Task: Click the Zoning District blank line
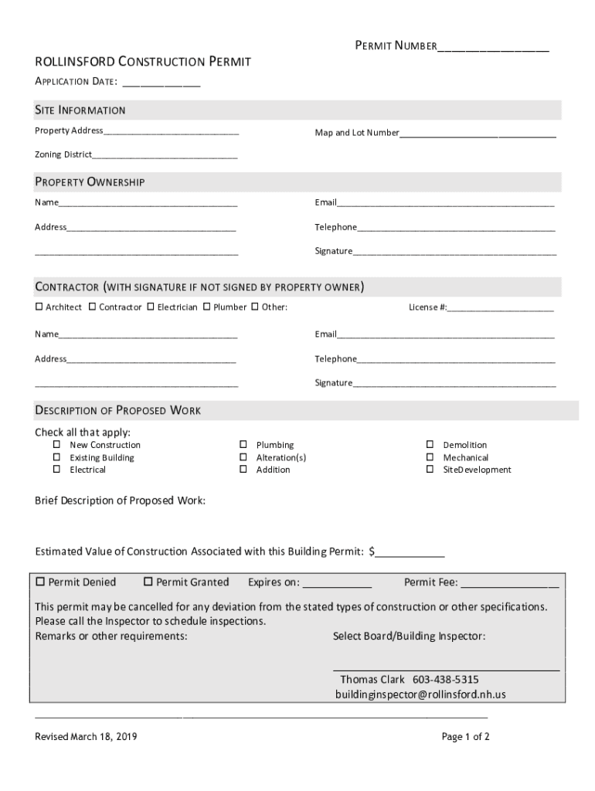(165, 155)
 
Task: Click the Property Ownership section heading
(90, 182)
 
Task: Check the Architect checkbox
(39, 307)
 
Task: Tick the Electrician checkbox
(150, 307)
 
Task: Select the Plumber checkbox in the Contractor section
(206, 307)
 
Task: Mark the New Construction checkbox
(56, 445)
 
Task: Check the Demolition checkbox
(430, 445)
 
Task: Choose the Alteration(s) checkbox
(243, 457)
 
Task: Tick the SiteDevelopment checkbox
(430, 470)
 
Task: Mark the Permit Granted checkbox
(148, 582)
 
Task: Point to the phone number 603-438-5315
(445, 680)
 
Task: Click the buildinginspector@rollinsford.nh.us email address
(420, 694)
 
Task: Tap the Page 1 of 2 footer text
(465, 737)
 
